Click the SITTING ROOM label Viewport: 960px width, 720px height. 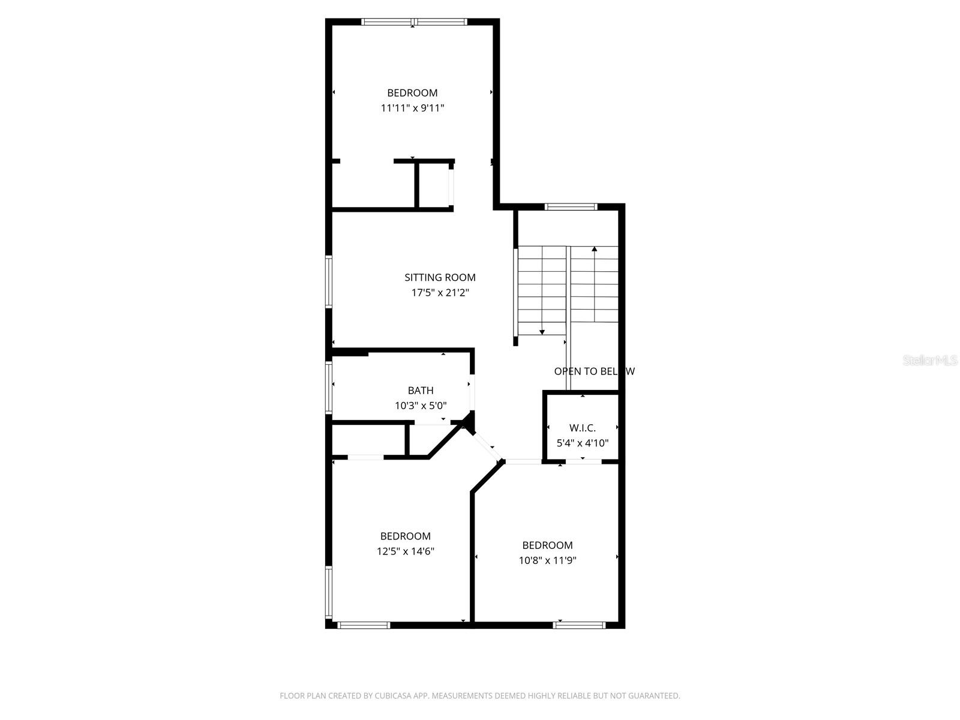point(440,277)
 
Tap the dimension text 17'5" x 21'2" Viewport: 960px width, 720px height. point(440,293)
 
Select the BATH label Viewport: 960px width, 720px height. point(421,391)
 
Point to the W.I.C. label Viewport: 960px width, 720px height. point(582,428)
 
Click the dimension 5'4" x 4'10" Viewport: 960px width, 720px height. point(582,443)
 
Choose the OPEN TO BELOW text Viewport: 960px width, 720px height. point(594,371)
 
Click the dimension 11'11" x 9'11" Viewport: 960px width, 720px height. point(412,108)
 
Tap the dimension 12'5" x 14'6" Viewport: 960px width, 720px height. point(406,551)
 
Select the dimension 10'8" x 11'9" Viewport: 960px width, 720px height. point(547,560)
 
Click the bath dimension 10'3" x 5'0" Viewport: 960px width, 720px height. point(421,406)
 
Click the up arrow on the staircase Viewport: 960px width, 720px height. point(595,249)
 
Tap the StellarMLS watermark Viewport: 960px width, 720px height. point(930,361)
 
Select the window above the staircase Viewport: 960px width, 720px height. point(571,207)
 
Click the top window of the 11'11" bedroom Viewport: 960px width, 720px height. point(414,22)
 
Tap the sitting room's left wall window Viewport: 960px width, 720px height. point(329,282)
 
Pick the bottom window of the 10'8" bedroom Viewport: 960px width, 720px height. point(579,625)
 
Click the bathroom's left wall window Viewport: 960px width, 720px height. point(329,387)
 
